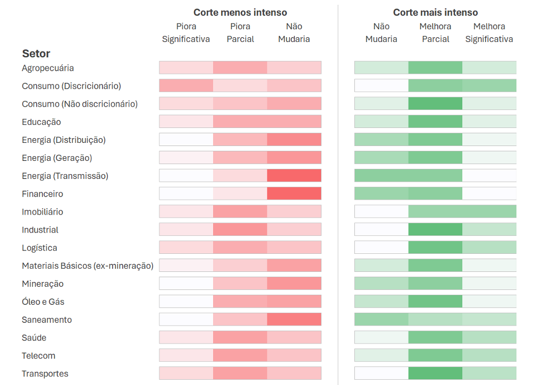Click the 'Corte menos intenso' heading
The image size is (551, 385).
pos(240,12)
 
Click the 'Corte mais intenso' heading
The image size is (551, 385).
pos(435,12)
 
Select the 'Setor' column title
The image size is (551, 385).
pos(36,54)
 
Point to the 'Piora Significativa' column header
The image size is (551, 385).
pos(186,32)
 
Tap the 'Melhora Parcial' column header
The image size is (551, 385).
pos(435,32)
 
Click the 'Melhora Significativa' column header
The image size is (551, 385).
pos(489,32)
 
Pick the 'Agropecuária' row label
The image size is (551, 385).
pos(48,68)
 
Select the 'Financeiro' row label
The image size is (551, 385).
pos(43,194)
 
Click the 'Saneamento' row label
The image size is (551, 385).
pos(47,320)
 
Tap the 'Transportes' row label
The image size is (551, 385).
pos(45,374)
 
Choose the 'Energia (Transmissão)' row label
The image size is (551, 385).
pos(65,176)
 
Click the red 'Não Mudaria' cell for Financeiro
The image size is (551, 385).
pos(294,193)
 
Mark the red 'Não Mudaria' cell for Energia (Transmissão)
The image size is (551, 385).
pos(294,176)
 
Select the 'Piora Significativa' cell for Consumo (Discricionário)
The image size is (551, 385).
pos(186,85)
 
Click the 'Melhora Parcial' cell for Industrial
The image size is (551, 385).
pos(435,229)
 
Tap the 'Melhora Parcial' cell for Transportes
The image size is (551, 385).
pos(435,373)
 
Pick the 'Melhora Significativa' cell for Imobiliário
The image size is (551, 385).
pos(489,211)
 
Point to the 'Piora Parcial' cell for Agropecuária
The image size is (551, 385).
pos(240,67)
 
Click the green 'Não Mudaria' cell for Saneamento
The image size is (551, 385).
pos(382,319)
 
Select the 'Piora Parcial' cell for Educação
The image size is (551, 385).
pos(240,122)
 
